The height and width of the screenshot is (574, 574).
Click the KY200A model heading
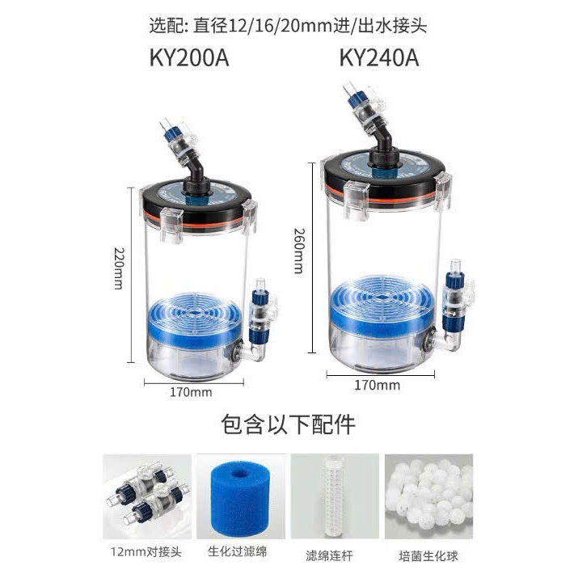pyautogui.click(x=189, y=58)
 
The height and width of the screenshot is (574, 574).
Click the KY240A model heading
pyautogui.click(x=379, y=58)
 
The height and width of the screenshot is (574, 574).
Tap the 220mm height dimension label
pyautogui.click(x=120, y=268)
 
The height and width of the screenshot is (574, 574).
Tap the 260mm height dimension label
pyautogui.click(x=299, y=251)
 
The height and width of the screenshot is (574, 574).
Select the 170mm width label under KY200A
pyautogui.click(x=191, y=392)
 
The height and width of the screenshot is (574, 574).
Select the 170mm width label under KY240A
pyautogui.click(x=377, y=385)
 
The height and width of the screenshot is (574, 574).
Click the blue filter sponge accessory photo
pyautogui.click(x=241, y=496)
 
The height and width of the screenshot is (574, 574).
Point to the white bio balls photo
pyautogui.click(x=428, y=496)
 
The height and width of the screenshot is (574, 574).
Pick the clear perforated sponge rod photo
pyautogui.click(x=335, y=496)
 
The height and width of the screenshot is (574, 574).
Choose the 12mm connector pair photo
pyautogui.click(x=147, y=496)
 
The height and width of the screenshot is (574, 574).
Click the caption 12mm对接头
pyautogui.click(x=146, y=551)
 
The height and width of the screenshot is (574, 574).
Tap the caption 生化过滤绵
pyautogui.click(x=238, y=551)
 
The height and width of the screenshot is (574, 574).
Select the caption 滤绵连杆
pyautogui.click(x=329, y=555)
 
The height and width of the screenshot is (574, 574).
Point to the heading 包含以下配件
pyautogui.click(x=288, y=424)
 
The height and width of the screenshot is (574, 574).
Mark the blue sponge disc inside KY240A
pyautogui.click(x=382, y=306)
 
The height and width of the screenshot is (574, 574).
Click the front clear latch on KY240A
pyautogui.click(x=357, y=200)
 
